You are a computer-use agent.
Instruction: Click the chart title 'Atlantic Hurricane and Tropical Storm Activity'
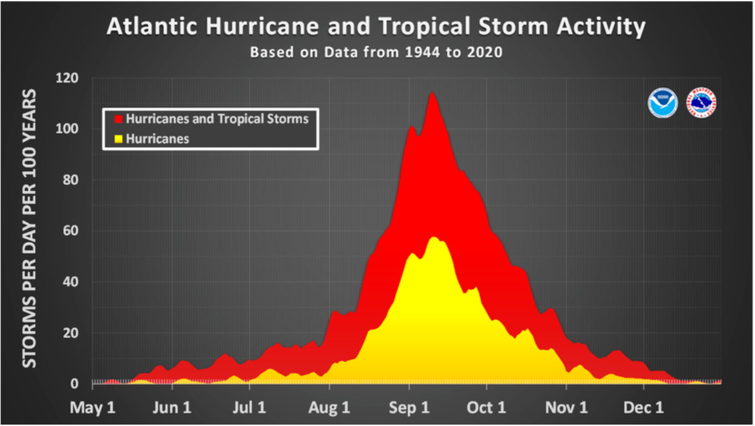click(376, 27)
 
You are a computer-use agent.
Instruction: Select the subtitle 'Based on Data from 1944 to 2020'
click(376, 52)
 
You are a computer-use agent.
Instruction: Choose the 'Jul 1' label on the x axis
click(250, 407)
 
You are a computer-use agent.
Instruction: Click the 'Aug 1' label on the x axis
click(330, 407)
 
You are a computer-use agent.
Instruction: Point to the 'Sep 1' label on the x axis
click(410, 407)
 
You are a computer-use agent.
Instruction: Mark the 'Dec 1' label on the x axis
click(644, 407)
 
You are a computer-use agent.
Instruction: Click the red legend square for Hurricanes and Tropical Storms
click(119, 119)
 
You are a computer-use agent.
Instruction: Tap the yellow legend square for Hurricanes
click(119, 139)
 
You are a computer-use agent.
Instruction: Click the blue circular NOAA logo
click(662, 103)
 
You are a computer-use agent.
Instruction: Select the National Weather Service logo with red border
click(701, 103)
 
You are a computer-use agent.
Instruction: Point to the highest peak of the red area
click(432, 93)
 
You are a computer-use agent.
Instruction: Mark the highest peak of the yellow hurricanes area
click(434, 237)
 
